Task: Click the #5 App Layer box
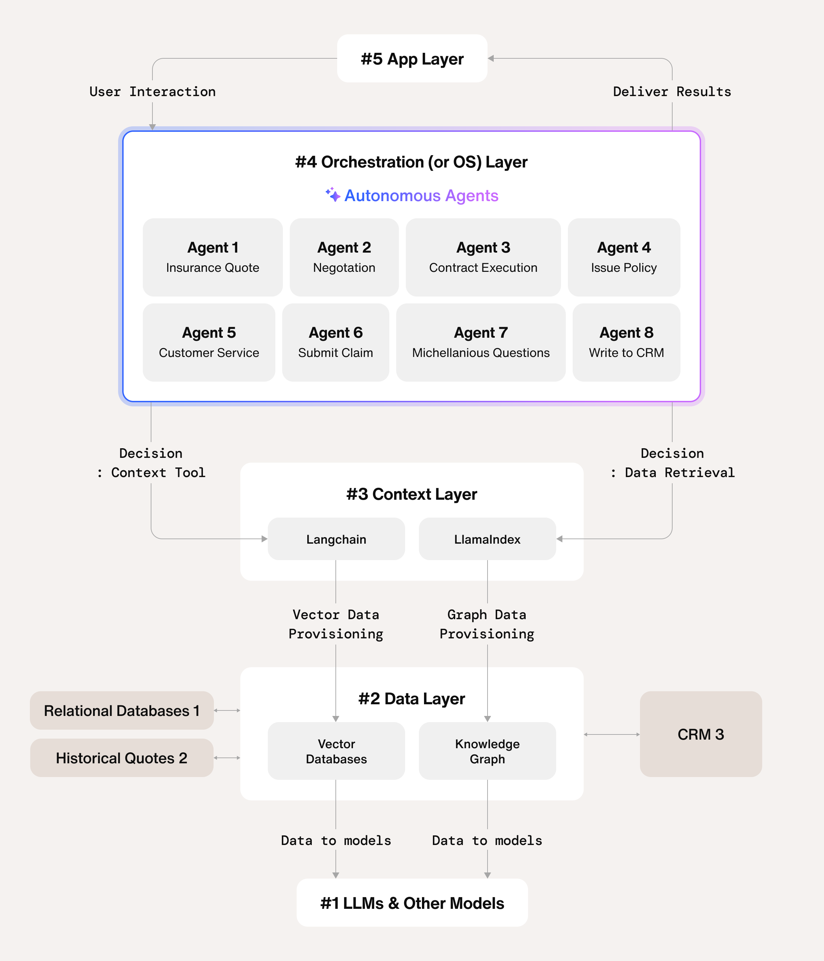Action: pyautogui.click(x=412, y=58)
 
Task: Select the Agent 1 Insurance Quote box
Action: pyautogui.click(x=213, y=257)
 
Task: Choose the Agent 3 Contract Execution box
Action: pyautogui.click(x=483, y=257)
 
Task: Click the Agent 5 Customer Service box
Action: pyautogui.click(x=209, y=342)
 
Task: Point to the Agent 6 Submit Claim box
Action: pyautogui.click(x=335, y=342)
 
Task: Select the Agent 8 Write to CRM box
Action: pyautogui.click(x=626, y=342)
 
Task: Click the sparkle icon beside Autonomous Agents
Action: pyautogui.click(x=333, y=195)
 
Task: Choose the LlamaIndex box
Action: pyautogui.click(x=487, y=539)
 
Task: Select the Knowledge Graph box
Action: pyautogui.click(x=487, y=751)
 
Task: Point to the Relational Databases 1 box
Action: pyautogui.click(x=122, y=710)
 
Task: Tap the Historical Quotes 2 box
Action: pyautogui.click(x=122, y=758)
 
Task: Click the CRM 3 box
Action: pyautogui.click(x=701, y=734)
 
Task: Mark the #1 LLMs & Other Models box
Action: pyautogui.click(x=412, y=903)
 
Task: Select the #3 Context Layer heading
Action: pyautogui.click(x=412, y=495)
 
